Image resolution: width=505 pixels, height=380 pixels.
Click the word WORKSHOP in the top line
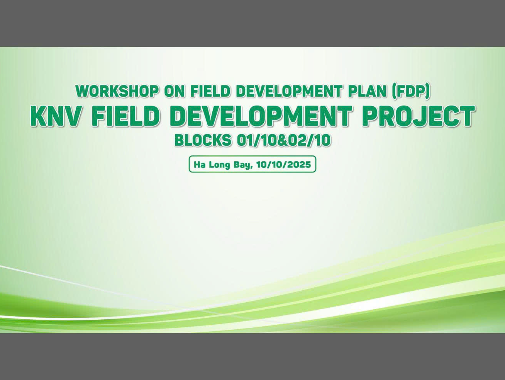point(117,91)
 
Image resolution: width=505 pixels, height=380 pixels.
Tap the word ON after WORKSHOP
point(175,91)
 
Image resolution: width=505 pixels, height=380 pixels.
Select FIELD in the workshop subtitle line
point(210,91)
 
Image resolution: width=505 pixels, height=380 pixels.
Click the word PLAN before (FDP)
point(367,91)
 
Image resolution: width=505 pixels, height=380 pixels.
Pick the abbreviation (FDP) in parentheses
point(411,92)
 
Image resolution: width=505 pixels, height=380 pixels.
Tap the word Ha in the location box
point(199,164)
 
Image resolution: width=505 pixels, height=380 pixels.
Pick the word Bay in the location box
point(242,165)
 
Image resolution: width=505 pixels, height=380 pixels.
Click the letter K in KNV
point(38,116)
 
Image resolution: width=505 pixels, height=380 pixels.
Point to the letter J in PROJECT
point(422,116)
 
